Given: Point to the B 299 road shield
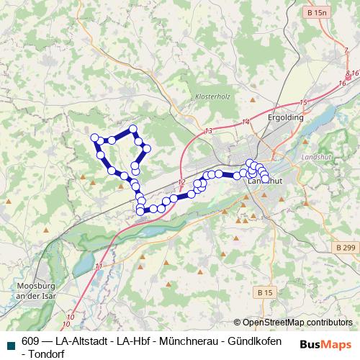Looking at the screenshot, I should [345, 247].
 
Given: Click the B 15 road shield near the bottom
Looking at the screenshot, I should [264, 293].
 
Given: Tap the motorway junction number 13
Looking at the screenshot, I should [209, 131].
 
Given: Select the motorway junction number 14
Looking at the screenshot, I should [246, 122].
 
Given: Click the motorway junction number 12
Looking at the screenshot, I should [181, 182].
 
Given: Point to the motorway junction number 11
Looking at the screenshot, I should [99, 266].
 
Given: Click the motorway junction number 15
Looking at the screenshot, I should [304, 103].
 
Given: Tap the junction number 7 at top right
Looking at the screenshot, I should [346, 49].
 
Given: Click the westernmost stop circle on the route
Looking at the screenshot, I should [94, 138].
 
